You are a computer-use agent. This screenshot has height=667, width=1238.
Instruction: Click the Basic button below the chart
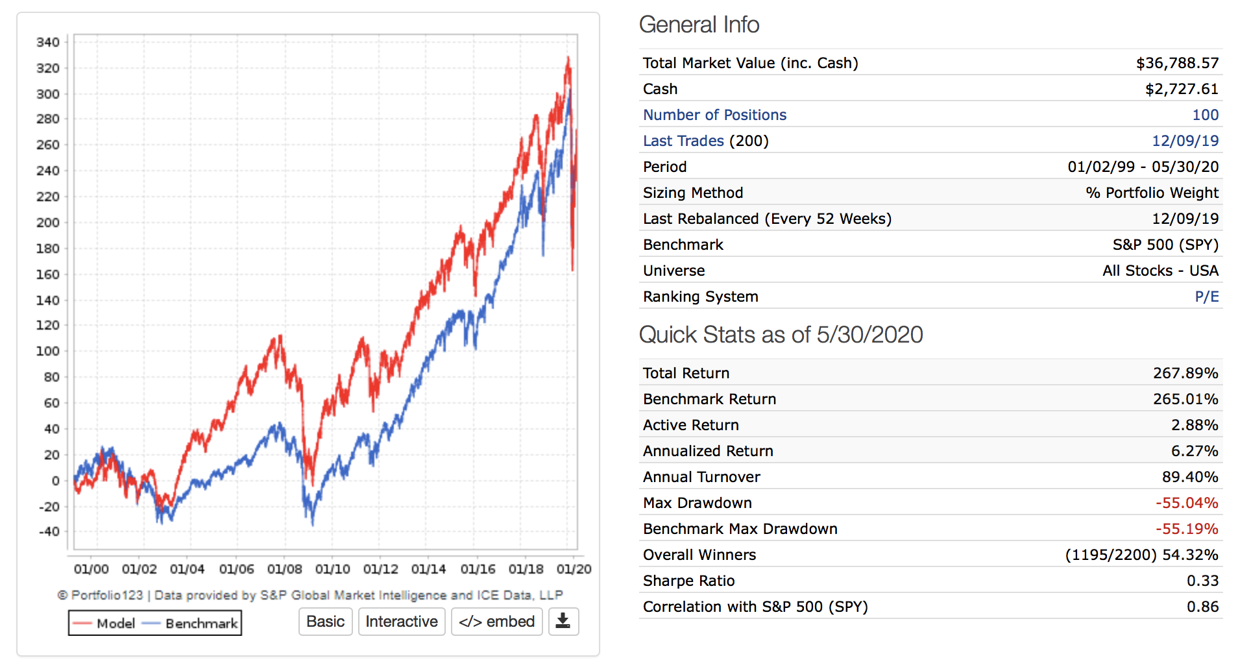click(x=325, y=622)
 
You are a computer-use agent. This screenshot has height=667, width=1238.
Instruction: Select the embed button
click(x=496, y=622)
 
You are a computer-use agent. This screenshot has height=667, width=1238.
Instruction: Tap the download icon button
click(x=563, y=622)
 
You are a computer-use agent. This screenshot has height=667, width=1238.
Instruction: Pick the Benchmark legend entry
click(x=191, y=624)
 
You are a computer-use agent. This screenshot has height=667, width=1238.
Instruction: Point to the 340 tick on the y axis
click(x=48, y=43)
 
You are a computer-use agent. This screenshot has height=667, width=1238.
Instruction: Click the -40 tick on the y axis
click(x=49, y=532)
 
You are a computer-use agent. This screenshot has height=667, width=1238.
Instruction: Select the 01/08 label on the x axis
click(x=284, y=570)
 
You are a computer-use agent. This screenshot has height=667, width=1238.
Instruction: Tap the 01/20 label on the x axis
click(x=574, y=570)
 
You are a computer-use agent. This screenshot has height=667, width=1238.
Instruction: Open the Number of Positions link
click(x=714, y=115)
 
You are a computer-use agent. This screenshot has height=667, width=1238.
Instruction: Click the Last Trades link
click(x=683, y=141)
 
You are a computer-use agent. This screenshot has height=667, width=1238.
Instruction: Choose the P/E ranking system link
click(x=1206, y=297)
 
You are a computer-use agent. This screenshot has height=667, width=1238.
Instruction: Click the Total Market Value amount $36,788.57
click(x=1177, y=63)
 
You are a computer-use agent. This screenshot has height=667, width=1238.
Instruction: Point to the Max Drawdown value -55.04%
click(x=1186, y=503)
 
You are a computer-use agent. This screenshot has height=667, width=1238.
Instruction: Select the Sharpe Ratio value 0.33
click(x=1202, y=581)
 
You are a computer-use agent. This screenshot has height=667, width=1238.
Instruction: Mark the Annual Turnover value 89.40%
click(x=1189, y=477)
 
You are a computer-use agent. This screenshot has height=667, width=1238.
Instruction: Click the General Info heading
click(x=699, y=25)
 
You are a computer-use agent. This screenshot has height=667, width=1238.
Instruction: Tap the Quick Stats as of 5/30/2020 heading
click(x=781, y=335)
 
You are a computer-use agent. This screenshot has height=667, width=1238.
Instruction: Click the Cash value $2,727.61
click(x=1182, y=89)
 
